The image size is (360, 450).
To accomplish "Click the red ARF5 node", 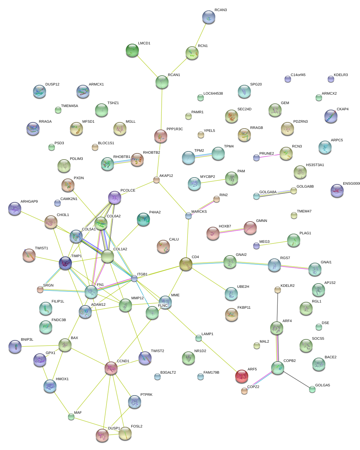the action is (241, 376).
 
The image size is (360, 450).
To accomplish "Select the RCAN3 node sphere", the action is (209, 17).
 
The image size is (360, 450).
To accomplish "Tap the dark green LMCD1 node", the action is (132, 50).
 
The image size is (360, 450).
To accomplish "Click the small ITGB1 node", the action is (134, 278).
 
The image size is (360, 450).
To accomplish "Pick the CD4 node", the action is (186, 264).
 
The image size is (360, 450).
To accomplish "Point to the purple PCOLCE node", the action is (114, 197).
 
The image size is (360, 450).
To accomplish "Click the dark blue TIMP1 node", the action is (65, 263).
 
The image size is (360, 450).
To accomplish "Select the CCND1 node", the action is (111, 368).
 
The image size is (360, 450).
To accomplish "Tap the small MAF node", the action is (71, 417).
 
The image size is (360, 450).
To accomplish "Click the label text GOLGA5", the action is (322, 385).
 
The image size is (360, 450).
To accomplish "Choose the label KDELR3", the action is (341, 75).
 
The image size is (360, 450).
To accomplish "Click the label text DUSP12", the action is (52, 84).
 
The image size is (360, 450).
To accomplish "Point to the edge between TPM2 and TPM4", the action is (203, 156).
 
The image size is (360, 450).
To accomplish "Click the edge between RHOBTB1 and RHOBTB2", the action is (122, 162).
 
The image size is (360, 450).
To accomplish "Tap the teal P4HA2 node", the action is (143, 219).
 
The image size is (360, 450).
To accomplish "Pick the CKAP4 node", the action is (331, 116).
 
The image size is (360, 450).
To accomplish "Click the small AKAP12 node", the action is (156, 180).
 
